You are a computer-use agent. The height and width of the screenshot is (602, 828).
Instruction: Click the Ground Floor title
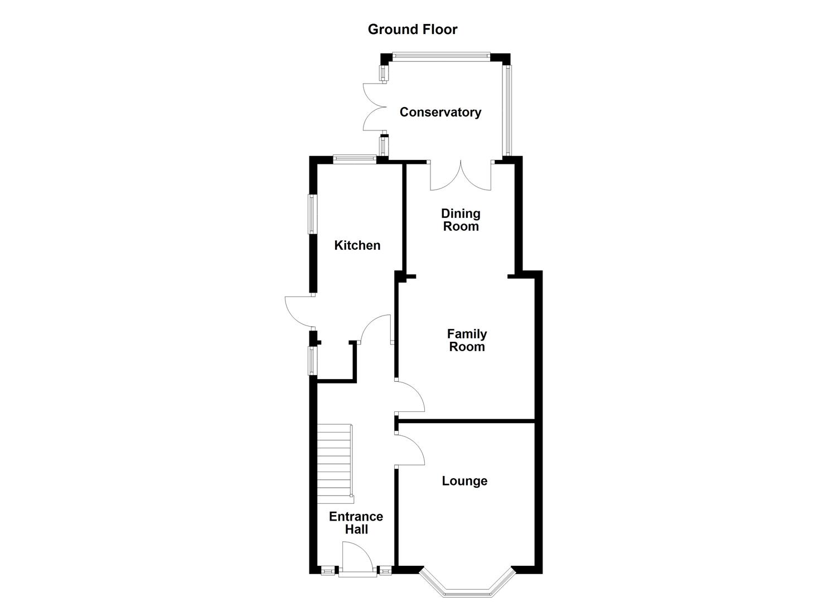(x=412, y=30)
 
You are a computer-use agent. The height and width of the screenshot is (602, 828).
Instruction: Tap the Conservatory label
(x=440, y=112)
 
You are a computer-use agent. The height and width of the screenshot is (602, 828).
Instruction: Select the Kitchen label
(x=357, y=245)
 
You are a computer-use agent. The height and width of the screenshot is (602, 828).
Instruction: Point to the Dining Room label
(x=461, y=220)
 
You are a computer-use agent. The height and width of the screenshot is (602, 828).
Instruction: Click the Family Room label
(x=467, y=340)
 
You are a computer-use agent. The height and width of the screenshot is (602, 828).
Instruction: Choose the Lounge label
(x=464, y=481)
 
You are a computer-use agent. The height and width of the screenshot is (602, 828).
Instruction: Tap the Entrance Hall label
(x=356, y=523)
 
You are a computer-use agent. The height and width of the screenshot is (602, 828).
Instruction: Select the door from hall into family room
(x=410, y=397)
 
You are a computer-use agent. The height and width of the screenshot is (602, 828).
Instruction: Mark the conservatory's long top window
(x=440, y=55)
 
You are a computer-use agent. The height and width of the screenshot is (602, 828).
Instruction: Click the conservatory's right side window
(x=507, y=110)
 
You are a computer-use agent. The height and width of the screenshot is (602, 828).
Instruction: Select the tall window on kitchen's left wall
(x=313, y=213)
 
